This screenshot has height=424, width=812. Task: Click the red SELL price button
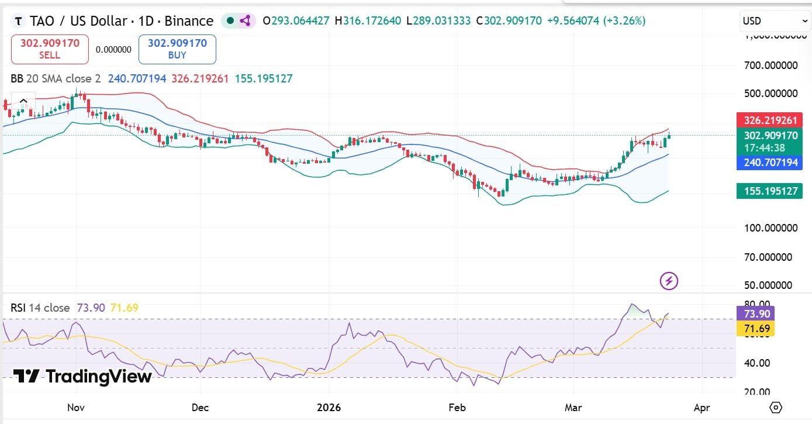pyautogui.click(x=50, y=49)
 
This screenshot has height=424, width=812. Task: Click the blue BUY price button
pyautogui.click(x=177, y=49)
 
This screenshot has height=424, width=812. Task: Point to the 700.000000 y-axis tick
pyautogui.click(x=771, y=65)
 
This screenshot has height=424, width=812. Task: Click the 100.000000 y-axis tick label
pyautogui.click(x=771, y=227)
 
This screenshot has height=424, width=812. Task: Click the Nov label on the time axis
pyautogui.click(x=76, y=407)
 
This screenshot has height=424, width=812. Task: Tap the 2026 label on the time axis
pyautogui.click(x=329, y=407)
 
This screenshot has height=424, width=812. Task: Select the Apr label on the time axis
pyautogui.click(x=702, y=407)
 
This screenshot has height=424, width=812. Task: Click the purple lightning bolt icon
pyautogui.click(x=669, y=281)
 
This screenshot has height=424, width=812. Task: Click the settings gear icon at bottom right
pyautogui.click(x=776, y=407)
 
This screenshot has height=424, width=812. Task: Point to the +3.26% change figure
pyautogui.click(x=628, y=21)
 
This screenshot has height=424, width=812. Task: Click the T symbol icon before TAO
pyautogui.click(x=19, y=22)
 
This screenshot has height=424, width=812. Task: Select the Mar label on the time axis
pyautogui.click(x=573, y=407)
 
